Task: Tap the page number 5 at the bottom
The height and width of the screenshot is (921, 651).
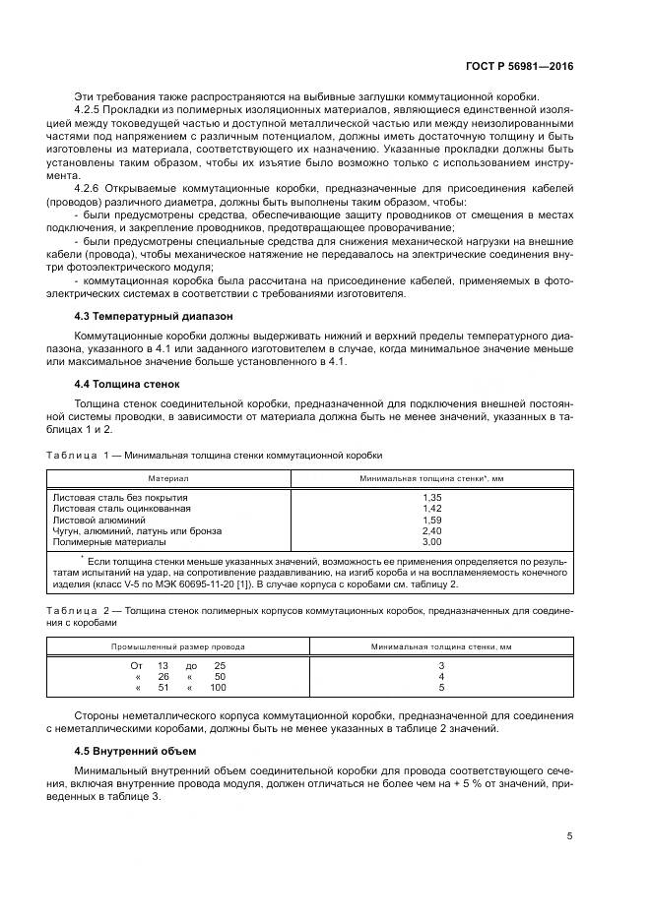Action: [x=569, y=836]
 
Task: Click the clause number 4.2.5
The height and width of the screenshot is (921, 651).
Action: [x=91, y=110]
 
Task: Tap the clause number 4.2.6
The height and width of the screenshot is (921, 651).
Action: [x=91, y=187]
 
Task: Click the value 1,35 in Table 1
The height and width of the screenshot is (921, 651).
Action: [x=431, y=498]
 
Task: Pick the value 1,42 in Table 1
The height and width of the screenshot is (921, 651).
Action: [x=431, y=509]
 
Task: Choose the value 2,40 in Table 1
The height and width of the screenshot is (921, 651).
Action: [x=431, y=530]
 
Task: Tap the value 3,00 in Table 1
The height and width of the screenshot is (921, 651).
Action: [x=431, y=541]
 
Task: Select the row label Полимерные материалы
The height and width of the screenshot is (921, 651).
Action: [x=108, y=541]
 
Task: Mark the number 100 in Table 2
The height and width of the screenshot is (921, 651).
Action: [x=218, y=689]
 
